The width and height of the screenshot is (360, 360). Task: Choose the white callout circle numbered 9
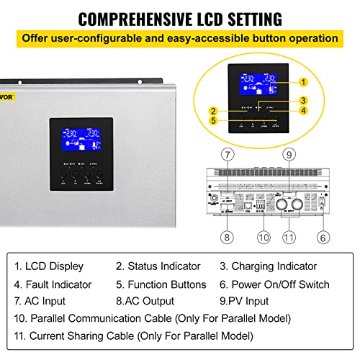(x=287, y=153)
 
